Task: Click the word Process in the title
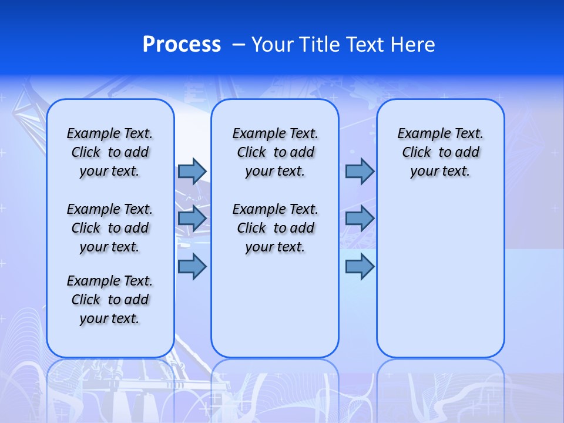[182, 45]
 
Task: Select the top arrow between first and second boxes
[192, 171]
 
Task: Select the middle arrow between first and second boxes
[192, 219]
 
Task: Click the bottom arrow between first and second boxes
[192, 266]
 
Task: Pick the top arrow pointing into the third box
[360, 171]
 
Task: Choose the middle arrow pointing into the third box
[360, 219]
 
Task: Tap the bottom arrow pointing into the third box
[360, 266]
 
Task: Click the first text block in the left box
[110, 152]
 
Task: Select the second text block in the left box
[110, 228]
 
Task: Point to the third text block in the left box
[110, 300]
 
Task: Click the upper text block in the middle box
[275, 152]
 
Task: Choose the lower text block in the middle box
[275, 228]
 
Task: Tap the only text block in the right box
[440, 152]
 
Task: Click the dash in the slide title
[239, 45]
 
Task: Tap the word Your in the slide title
[273, 45]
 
